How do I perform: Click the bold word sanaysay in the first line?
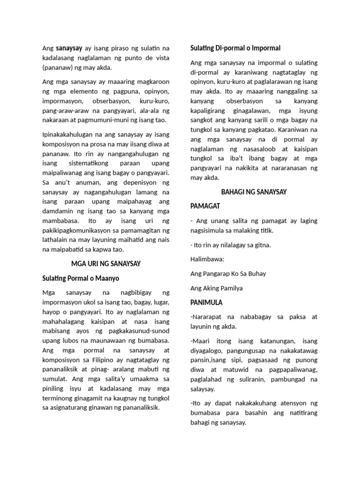[x=69, y=48]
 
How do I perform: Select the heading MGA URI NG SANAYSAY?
[x=106, y=264]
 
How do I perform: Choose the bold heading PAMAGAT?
[x=205, y=206]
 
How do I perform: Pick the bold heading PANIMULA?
[x=206, y=302]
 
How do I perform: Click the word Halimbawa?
[x=207, y=259]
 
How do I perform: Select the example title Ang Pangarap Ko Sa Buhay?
[x=228, y=273]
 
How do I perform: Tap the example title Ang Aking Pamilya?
[x=217, y=288]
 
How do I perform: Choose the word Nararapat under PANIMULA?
[x=209, y=317]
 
